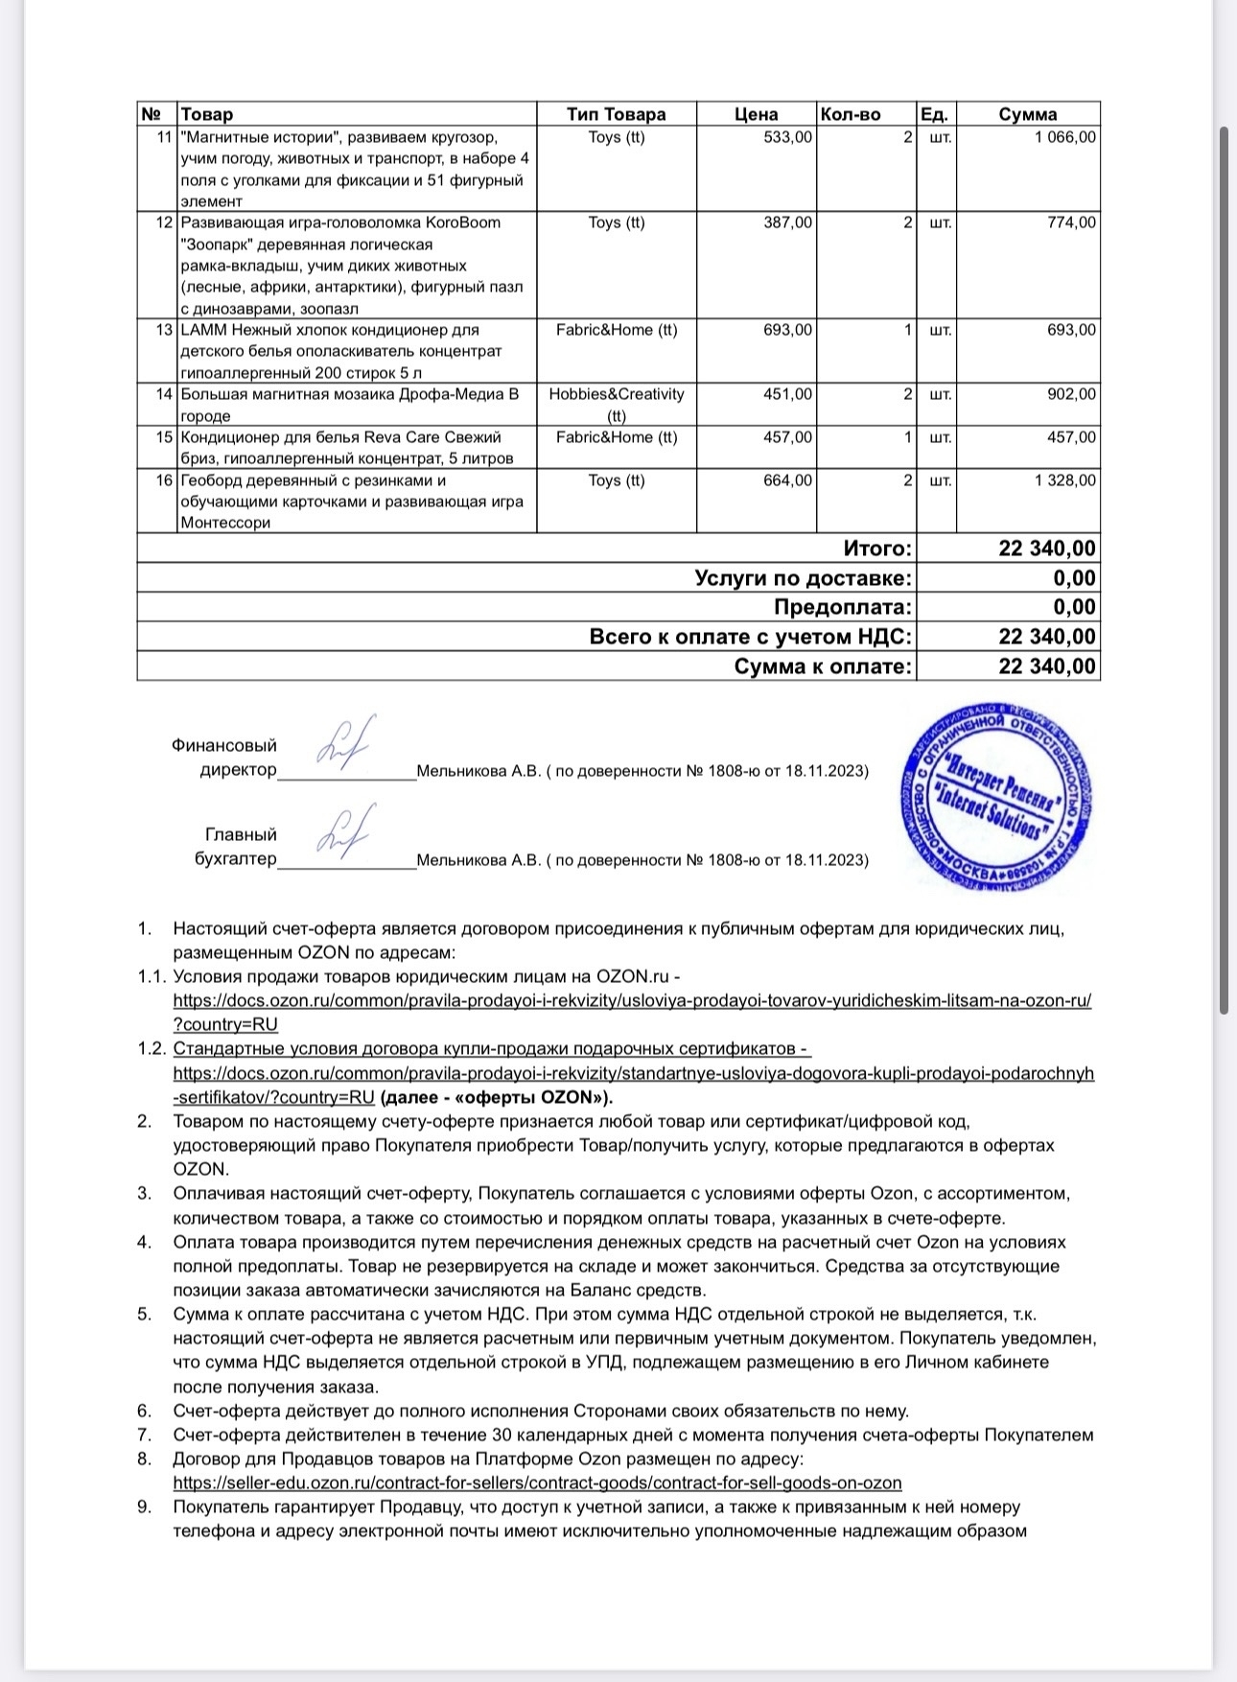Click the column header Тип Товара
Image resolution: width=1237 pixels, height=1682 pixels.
point(616,114)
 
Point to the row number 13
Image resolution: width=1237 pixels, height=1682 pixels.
point(163,330)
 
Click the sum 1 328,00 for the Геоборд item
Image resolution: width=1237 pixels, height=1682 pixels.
point(1064,480)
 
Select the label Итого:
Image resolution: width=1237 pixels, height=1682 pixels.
point(877,549)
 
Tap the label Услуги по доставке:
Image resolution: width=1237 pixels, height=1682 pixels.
point(803,578)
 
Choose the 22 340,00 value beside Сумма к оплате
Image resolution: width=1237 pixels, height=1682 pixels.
point(1046,666)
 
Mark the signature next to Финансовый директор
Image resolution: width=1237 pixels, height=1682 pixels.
point(344,743)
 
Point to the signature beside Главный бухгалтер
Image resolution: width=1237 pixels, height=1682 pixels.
point(344,831)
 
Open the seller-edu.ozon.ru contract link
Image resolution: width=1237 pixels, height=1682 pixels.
point(537,1483)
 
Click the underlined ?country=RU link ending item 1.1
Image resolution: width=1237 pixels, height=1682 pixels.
point(225,1024)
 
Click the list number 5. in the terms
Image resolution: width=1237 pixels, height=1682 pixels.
point(145,1314)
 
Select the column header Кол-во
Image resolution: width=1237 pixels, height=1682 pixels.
point(850,114)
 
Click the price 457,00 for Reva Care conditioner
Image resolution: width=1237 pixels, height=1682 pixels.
point(787,437)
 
